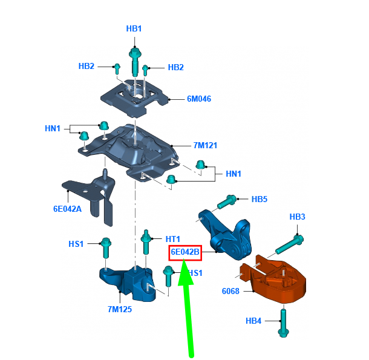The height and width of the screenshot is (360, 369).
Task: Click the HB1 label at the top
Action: tap(134, 28)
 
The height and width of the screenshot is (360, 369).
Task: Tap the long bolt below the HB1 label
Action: tap(135, 62)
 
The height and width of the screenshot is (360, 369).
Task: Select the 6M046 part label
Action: tap(199, 99)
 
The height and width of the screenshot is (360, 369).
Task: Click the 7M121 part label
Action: tap(205, 145)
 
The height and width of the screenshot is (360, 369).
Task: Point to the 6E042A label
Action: tap(67, 209)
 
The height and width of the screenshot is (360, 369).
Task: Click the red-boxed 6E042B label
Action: tap(185, 252)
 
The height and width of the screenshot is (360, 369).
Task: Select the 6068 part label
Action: tap(230, 291)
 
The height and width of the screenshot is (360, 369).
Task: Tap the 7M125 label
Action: tap(120, 309)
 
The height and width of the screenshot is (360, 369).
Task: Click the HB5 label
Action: tap(260, 199)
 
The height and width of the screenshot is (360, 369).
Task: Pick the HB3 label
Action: tap(297, 217)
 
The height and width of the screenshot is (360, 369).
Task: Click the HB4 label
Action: tap(253, 321)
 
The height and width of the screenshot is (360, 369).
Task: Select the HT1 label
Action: tap(173, 239)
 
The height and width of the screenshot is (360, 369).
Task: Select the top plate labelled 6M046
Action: tap(135, 98)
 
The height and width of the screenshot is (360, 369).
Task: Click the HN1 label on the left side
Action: tap(53, 128)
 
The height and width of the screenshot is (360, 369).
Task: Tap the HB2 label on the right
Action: tap(175, 68)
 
